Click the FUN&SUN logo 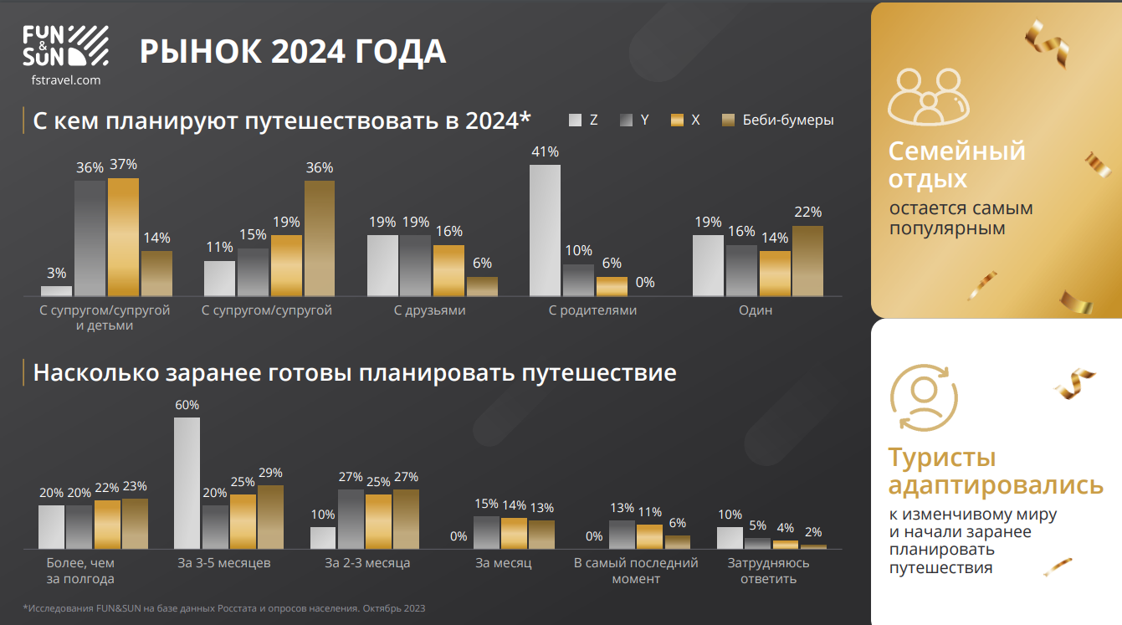pyautogui.click(x=64, y=46)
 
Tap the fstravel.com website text pyautogui.click(x=64, y=80)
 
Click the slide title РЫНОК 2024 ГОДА pyautogui.click(x=293, y=52)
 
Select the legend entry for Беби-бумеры pyautogui.click(x=787, y=120)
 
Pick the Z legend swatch pyautogui.click(x=575, y=120)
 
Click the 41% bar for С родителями pyautogui.click(x=545, y=230)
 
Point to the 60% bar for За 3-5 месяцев pyautogui.click(x=187, y=482)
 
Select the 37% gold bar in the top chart pyautogui.click(x=123, y=237)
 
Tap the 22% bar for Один pyautogui.click(x=807, y=260)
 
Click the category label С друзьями pyautogui.click(x=429, y=310)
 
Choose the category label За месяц pyautogui.click(x=504, y=563)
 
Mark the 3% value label pyautogui.click(x=56, y=273)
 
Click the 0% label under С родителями pyautogui.click(x=645, y=283)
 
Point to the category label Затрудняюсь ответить pyautogui.click(x=768, y=571)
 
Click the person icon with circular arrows pyautogui.click(x=924, y=397)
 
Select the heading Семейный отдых pyautogui.click(x=956, y=165)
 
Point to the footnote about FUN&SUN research pyautogui.click(x=224, y=608)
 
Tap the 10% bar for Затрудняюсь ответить pyautogui.click(x=730, y=537)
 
